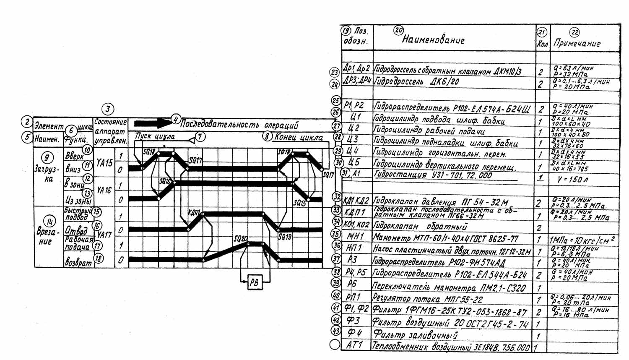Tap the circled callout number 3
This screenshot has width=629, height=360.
pyautogui.click(x=108, y=110)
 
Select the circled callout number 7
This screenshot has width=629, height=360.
pyautogui.click(x=200, y=137)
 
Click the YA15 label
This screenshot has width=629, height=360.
pyautogui.click(x=104, y=162)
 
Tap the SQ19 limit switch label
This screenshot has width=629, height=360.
pyautogui.click(x=285, y=237)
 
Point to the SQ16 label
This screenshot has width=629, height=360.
pyautogui.click(x=165, y=181)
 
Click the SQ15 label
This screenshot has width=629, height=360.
pyautogui.click(x=299, y=203)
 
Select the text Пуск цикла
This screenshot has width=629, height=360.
pyautogui.click(x=155, y=136)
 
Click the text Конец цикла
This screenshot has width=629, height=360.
pyautogui.click(x=299, y=138)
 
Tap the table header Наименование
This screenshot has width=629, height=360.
pyautogui.click(x=433, y=40)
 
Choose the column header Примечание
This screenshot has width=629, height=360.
pyautogui.click(x=577, y=43)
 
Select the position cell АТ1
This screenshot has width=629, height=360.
pyautogui.click(x=355, y=345)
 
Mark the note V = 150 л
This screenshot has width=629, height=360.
pyautogui.click(x=572, y=180)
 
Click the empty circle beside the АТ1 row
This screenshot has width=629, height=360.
pyautogui.click(x=335, y=345)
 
